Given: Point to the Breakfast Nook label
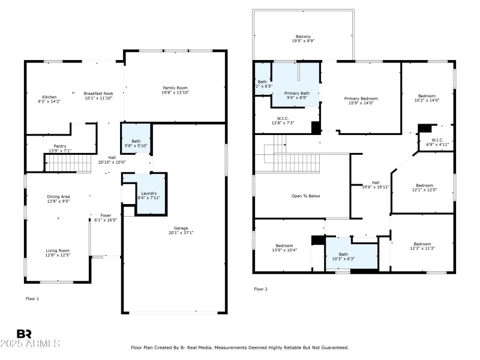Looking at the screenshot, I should click(98, 94).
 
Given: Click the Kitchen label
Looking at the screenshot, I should click(49, 97).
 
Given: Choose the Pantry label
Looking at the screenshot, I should click(60, 146).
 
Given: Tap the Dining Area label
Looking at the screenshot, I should click(59, 197).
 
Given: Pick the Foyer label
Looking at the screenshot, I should click(106, 215).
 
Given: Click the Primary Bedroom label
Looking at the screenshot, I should click(361, 98).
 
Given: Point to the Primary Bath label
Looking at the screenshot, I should click(296, 93).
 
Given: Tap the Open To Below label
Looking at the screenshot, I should click(306, 196).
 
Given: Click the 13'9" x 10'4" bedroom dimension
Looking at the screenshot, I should click(284, 250).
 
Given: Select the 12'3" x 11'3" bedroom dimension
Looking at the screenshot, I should click(422, 248).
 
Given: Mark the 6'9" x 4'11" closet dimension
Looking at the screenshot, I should click(437, 145).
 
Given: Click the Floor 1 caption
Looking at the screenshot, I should click(32, 298).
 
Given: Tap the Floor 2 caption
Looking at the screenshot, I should click(261, 289).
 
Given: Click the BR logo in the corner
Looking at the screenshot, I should click(24, 334).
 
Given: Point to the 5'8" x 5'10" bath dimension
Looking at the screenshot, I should click(136, 146).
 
